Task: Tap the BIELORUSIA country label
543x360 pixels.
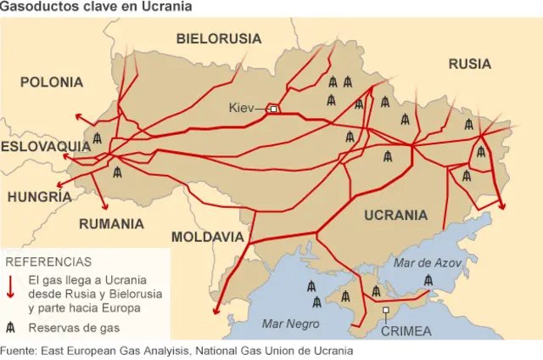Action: pyautogui.click(x=219, y=38)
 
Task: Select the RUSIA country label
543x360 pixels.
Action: pyautogui.click(x=469, y=64)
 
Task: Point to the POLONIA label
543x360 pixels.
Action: pyautogui.click(x=52, y=82)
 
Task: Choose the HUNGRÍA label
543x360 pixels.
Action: pyautogui.click(x=39, y=197)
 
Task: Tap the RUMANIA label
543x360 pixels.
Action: pyautogui.click(x=111, y=224)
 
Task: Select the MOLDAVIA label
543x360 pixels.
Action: pyautogui.click(x=208, y=237)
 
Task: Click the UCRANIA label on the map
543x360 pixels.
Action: pyautogui.click(x=395, y=216)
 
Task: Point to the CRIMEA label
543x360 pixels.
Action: pyautogui.click(x=406, y=331)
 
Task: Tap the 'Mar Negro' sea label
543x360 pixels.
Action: pyautogui.click(x=291, y=323)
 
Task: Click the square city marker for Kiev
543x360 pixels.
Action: pyautogui.click(x=273, y=109)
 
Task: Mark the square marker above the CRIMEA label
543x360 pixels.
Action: pyautogui.click(x=386, y=312)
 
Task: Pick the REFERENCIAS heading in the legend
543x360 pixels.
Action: pyautogui.click(x=48, y=262)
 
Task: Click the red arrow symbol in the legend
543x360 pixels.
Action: pyautogui.click(x=10, y=286)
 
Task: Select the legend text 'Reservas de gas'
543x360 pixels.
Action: pyautogui.click(x=73, y=328)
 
